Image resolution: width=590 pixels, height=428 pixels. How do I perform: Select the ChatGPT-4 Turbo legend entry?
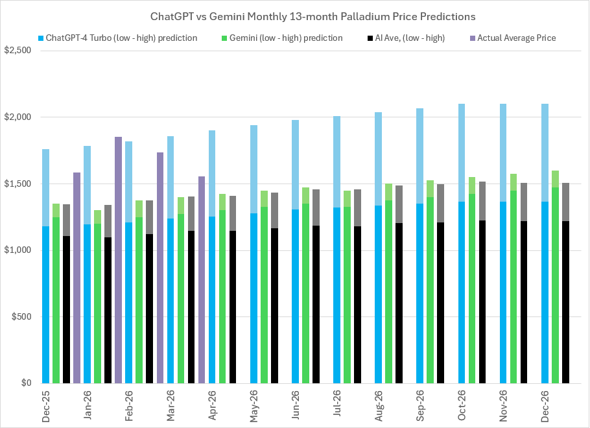coord(123,38)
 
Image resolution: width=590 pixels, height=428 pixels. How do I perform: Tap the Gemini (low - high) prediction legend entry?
coord(286,38)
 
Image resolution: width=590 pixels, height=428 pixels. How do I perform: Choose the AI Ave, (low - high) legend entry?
coord(409,38)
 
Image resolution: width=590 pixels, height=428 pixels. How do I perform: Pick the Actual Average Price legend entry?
coord(516,38)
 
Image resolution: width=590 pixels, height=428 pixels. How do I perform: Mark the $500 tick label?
coord(22,317)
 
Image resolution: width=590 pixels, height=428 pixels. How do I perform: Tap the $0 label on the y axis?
coord(26,383)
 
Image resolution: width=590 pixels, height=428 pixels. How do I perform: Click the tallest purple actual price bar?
coord(118,259)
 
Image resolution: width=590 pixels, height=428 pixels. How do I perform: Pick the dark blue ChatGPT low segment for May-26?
coord(254,298)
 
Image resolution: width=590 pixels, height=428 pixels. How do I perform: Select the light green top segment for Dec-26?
coord(555,179)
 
